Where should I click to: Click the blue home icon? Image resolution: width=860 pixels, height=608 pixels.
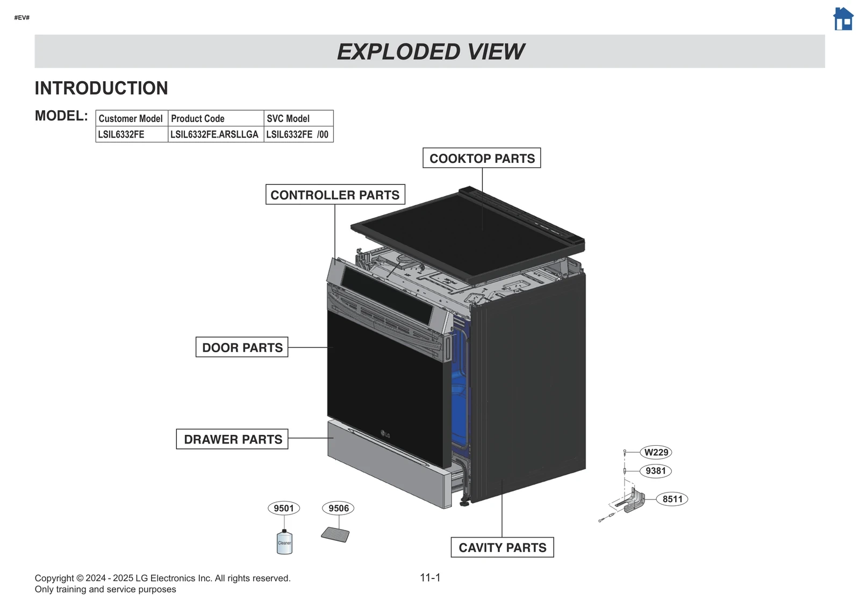(843, 19)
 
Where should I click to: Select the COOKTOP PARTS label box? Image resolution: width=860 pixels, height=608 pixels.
(482, 159)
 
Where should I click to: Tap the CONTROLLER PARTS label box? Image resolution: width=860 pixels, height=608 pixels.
(335, 195)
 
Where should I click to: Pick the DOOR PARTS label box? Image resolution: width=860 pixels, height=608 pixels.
(242, 347)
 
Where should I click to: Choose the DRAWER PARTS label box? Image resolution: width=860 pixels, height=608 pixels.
(232, 439)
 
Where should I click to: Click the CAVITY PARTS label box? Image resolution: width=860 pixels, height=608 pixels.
(502, 547)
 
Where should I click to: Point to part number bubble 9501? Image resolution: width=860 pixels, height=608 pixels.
(284, 508)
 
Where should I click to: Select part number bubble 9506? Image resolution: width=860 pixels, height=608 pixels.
(339, 508)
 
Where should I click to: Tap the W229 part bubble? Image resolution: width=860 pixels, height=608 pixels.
(656, 452)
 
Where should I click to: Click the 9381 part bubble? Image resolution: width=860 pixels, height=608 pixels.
(656, 471)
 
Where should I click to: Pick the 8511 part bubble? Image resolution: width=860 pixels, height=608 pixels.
(672, 499)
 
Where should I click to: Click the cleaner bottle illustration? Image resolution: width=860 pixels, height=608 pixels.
(284, 542)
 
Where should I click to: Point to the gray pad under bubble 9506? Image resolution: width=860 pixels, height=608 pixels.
(335, 534)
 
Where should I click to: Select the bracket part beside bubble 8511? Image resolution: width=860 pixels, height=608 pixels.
(634, 501)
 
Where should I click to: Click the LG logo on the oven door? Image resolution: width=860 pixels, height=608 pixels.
(385, 434)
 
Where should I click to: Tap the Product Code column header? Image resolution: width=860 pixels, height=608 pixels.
(216, 118)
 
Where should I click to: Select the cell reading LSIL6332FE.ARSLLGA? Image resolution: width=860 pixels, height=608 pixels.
(216, 134)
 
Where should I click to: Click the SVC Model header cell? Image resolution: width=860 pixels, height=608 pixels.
(298, 118)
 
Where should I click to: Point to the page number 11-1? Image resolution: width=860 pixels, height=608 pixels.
(430, 577)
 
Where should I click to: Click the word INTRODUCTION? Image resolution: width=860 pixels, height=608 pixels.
(102, 88)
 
